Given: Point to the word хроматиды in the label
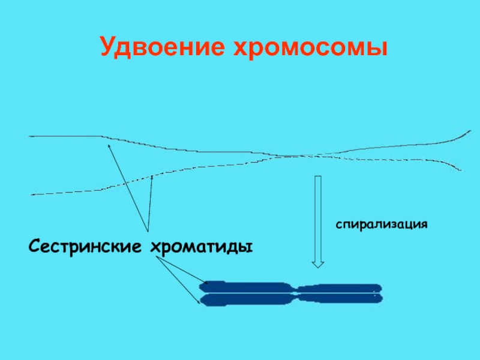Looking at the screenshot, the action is [x=200, y=246].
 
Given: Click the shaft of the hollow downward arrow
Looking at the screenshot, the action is [x=318, y=216].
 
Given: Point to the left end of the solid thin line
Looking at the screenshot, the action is [x=30, y=136].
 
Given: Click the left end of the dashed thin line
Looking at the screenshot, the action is [x=32, y=194].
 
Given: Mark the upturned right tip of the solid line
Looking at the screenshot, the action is [x=470, y=130].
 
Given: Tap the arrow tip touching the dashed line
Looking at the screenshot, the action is [x=152, y=176].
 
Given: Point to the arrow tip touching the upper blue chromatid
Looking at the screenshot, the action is [x=206, y=282].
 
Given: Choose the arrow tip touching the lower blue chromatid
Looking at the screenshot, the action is [x=200, y=303].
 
